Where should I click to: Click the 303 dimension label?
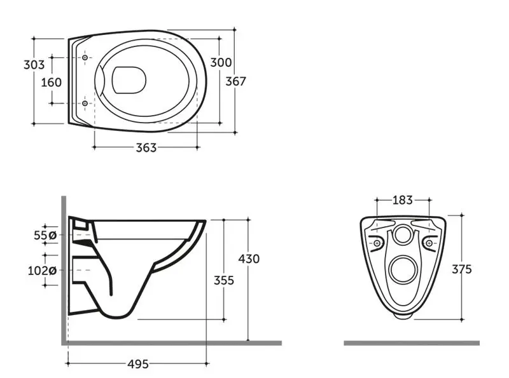pyautogui.click(x=34, y=65)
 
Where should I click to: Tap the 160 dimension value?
pyautogui.click(x=51, y=83)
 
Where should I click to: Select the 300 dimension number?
pyautogui.click(x=221, y=62)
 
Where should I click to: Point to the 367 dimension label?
pyautogui.click(x=235, y=81)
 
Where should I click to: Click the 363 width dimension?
pyautogui.click(x=146, y=148)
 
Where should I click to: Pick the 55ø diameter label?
pyautogui.click(x=45, y=235)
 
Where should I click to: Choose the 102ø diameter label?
pyautogui.click(x=42, y=271)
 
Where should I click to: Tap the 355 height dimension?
pyautogui.click(x=224, y=280)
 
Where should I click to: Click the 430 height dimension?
pyautogui.click(x=249, y=259)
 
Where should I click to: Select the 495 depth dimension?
pyautogui.click(x=138, y=364)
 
